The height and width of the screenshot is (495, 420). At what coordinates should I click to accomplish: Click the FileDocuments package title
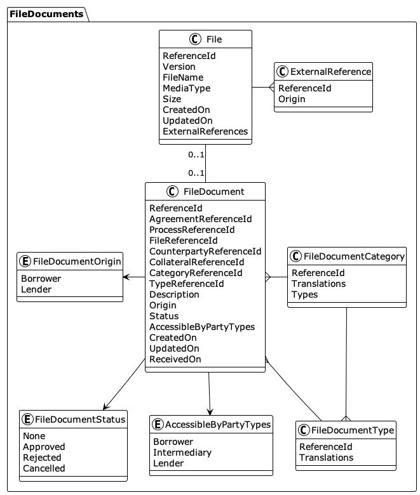click(46, 13)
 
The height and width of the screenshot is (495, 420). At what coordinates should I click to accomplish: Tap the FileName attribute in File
click(183, 77)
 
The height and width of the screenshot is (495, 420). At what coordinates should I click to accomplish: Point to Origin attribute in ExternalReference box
click(292, 99)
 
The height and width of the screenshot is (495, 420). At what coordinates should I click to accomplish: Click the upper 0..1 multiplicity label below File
click(196, 155)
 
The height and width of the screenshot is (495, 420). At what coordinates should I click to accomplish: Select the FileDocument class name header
click(213, 191)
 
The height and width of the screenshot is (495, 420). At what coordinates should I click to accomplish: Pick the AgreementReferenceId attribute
click(200, 219)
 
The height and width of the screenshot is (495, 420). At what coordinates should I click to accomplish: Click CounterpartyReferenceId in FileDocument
click(205, 251)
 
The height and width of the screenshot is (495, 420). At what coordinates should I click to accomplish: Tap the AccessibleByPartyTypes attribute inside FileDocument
click(202, 327)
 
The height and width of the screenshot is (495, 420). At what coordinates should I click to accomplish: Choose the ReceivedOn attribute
click(175, 359)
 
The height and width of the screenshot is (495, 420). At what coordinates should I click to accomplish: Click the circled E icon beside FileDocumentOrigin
click(24, 260)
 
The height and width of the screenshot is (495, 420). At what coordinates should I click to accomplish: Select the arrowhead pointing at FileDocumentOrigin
click(126, 277)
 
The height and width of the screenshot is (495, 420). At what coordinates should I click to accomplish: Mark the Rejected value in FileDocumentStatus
click(42, 458)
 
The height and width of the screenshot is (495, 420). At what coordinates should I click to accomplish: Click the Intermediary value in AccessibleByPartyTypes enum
click(182, 452)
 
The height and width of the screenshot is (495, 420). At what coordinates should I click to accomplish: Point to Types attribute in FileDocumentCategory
click(304, 294)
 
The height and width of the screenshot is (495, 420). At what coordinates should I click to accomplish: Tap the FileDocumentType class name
click(353, 431)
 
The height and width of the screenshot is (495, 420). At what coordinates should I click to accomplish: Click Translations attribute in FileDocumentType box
click(326, 458)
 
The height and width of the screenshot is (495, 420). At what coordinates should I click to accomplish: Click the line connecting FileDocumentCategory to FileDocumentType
click(346, 362)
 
